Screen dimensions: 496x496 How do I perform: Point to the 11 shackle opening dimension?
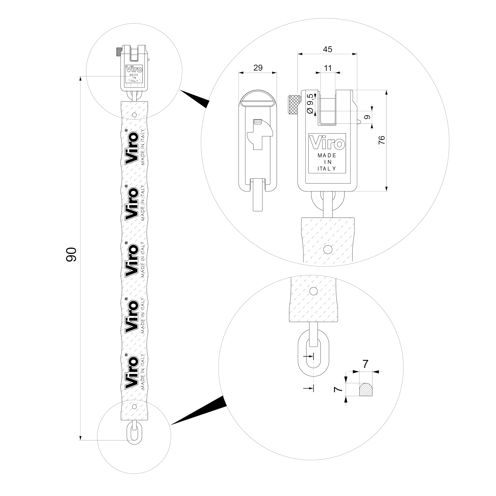(328, 68)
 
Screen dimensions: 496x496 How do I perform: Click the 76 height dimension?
(382, 140)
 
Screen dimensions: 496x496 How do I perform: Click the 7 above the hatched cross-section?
(365, 364)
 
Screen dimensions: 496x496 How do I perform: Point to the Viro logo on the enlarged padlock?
(327, 142)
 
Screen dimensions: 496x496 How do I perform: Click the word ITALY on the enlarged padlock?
(327, 169)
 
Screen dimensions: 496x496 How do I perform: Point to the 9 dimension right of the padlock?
(367, 117)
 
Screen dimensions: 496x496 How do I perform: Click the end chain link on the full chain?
(134, 435)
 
